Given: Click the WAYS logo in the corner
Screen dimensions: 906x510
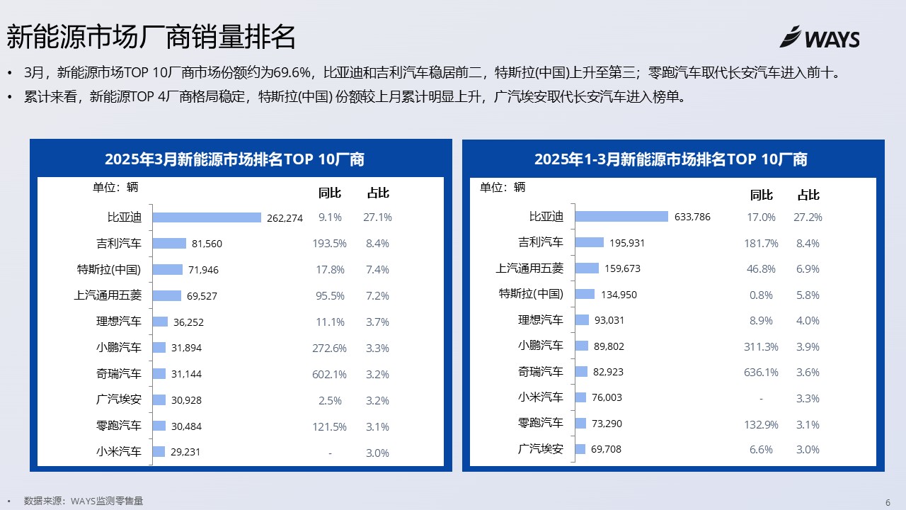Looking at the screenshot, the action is point(820,38).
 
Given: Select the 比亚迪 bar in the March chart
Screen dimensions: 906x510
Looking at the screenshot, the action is point(207,217).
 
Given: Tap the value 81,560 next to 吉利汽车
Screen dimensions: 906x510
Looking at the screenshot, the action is point(207,244).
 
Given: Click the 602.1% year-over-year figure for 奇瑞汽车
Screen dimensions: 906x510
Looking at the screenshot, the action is point(329,375).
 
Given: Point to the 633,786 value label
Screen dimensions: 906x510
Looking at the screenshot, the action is point(692,217).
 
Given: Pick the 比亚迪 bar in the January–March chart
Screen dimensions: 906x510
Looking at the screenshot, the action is point(621,217).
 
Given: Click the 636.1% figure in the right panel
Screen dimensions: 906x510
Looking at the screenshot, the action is point(761,373).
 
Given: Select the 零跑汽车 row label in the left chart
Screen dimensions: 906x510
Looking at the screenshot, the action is point(118,426).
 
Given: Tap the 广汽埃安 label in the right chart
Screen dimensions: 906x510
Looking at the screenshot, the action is point(540,449).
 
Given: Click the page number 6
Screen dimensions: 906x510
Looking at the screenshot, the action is point(888,502).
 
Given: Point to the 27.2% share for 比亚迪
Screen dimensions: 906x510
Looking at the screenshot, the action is point(808,217).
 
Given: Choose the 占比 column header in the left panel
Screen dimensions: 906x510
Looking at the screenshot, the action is point(378,193).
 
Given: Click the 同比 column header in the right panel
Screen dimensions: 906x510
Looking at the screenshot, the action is point(761,195).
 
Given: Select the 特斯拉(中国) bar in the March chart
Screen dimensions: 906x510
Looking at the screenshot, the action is point(168,270).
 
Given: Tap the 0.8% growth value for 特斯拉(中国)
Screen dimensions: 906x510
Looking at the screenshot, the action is point(761,295).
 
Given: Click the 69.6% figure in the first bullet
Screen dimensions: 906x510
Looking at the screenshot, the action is point(292,73).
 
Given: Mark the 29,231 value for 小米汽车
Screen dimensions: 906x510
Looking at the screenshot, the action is point(185,452).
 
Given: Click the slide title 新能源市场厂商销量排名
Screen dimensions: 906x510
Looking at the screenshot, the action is point(151,37).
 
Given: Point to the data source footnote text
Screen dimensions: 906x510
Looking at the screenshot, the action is point(84,501).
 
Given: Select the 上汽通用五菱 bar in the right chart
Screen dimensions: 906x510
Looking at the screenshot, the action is point(587,268).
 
